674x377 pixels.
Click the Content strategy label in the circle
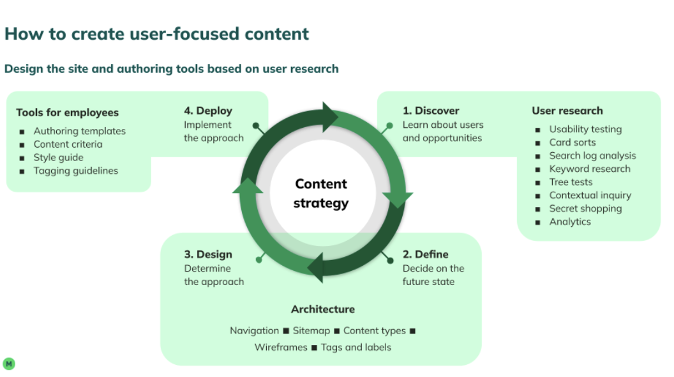(x=321, y=194)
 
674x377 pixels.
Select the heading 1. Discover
(x=431, y=111)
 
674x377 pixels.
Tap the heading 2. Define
(x=425, y=254)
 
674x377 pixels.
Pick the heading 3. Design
(x=208, y=254)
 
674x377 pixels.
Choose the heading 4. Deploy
(x=208, y=111)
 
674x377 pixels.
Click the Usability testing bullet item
(x=585, y=129)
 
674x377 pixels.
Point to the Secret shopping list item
(x=585, y=208)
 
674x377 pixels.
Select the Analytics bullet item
(x=569, y=222)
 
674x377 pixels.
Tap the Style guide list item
(x=58, y=157)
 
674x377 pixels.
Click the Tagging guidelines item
(x=75, y=171)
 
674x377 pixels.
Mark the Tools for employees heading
(x=67, y=112)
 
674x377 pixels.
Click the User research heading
(x=567, y=111)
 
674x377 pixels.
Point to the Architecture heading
(x=322, y=309)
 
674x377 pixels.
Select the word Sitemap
(x=311, y=330)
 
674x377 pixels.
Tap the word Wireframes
(x=281, y=348)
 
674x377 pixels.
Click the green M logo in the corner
(x=9, y=364)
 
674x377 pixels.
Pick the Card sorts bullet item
(x=572, y=142)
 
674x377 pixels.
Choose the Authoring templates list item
(x=79, y=131)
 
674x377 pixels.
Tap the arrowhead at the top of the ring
(x=330, y=116)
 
